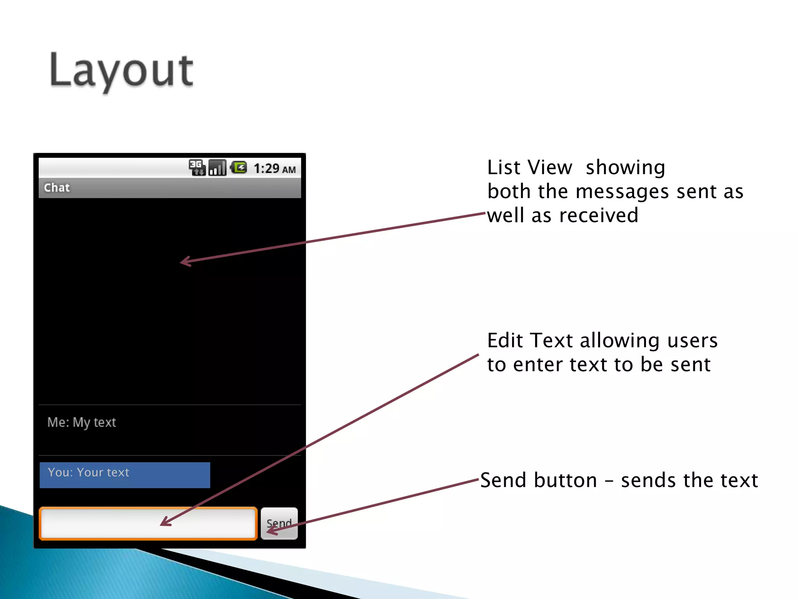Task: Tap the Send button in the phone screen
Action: click(279, 523)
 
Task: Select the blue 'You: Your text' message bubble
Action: click(125, 475)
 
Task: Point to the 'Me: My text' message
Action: click(81, 422)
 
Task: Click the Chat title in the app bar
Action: click(57, 188)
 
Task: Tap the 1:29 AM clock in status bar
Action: click(274, 169)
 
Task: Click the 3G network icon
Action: click(197, 168)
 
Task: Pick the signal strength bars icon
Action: click(217, 168)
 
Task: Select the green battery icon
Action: click(238, 168)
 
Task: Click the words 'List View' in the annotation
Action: click(530, 168)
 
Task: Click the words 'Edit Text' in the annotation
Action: click(530, 340)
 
